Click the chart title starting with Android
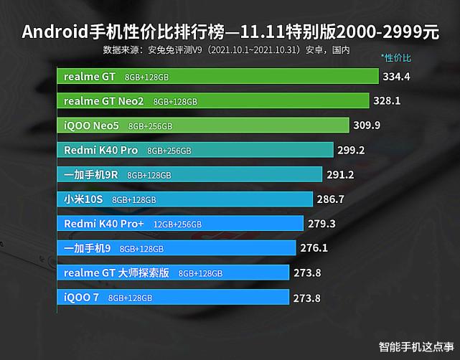[x=230, y=32]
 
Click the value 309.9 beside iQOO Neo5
[x=367, y=125]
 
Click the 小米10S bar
[x=185, y=199]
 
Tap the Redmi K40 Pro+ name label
[x=104, y=224]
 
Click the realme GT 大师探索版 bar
[x=173, y=273]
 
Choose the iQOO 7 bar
[x=173, y=298]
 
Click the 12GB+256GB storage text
[x=176, y=224]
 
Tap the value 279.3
[x=322, y=224]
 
